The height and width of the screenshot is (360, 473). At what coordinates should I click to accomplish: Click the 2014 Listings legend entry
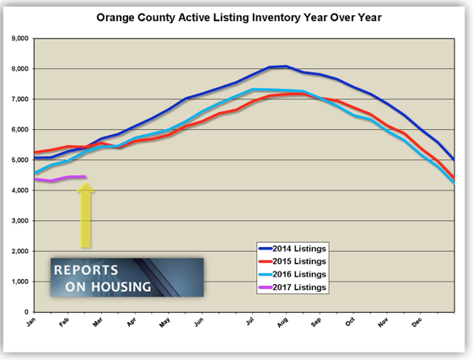(x=293, y=249)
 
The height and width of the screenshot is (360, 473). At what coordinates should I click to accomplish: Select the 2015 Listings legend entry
(x=293, y=261)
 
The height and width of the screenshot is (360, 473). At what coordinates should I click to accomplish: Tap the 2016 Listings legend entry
(x=293, y=274)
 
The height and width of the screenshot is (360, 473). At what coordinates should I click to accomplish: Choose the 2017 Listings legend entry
(x=293, y=287)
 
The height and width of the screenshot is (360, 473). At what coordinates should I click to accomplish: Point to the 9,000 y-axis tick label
(x=20, y=38)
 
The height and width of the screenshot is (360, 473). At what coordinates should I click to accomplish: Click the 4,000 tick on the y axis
(x=20, y=191)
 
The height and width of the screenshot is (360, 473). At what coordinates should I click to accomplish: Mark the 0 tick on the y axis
(x=26, y=312)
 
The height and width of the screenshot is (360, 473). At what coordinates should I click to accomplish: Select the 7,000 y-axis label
(x=20, y=99)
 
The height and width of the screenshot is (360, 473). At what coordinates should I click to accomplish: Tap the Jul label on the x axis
(x=250, y=321)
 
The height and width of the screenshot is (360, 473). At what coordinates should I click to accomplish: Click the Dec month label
(x=417, y=323)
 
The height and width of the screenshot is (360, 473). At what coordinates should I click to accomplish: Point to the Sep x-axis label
(x=316, y=323)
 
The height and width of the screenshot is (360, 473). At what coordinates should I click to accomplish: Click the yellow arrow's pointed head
(x=85, y=183)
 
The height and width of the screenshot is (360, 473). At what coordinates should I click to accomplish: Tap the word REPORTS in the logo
(x=86, y=270)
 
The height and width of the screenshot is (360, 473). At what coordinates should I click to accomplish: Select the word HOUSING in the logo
(x=121, y=287)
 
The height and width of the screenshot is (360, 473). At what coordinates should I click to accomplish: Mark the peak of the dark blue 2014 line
(x=286, y=66)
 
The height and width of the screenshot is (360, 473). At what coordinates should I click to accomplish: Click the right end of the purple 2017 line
(x=85, y=176)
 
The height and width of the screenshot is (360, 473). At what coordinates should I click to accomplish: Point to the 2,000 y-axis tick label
(x=20, y=251)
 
